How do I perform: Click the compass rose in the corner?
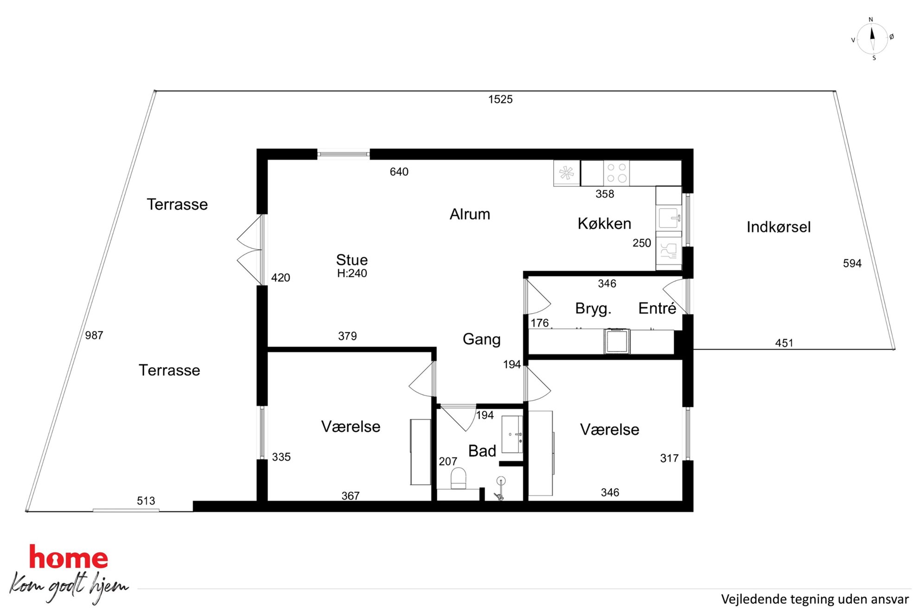(872, 39)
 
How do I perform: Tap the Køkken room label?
(604, 224)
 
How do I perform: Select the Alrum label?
(470, 214)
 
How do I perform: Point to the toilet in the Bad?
(458, 478)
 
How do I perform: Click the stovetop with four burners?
(617, 173)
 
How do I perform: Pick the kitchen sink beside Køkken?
(669, 218)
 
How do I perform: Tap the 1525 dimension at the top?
(500, 99)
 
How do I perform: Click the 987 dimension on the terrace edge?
(94, 335)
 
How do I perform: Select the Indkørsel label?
(779, 227)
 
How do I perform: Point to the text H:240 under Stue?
(352, 273)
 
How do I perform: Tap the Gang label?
(482, 340)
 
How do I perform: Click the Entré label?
(657, 308)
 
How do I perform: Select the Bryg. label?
(593, 309)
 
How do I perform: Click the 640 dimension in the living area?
(399, 172)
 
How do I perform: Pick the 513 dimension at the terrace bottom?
(146, 501)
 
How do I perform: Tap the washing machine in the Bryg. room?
(617, 341)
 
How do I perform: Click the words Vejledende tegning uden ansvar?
(815, 599)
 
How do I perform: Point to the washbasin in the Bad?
(512, 434)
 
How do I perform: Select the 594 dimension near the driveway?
(852, 264)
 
